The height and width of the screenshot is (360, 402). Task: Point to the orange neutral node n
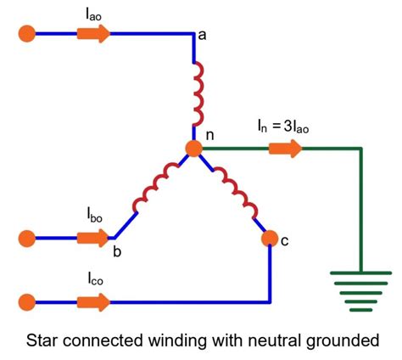click(194, 149)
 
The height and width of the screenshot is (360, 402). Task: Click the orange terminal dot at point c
click(270, 237)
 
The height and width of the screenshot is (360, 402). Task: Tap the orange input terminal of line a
click(27, 34)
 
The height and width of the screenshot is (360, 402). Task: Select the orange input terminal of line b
click(27, 236)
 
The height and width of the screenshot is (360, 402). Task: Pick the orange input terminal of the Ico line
click(27, 301)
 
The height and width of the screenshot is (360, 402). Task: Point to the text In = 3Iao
click(286, 127)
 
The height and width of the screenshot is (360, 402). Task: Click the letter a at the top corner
click(201, 36)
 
